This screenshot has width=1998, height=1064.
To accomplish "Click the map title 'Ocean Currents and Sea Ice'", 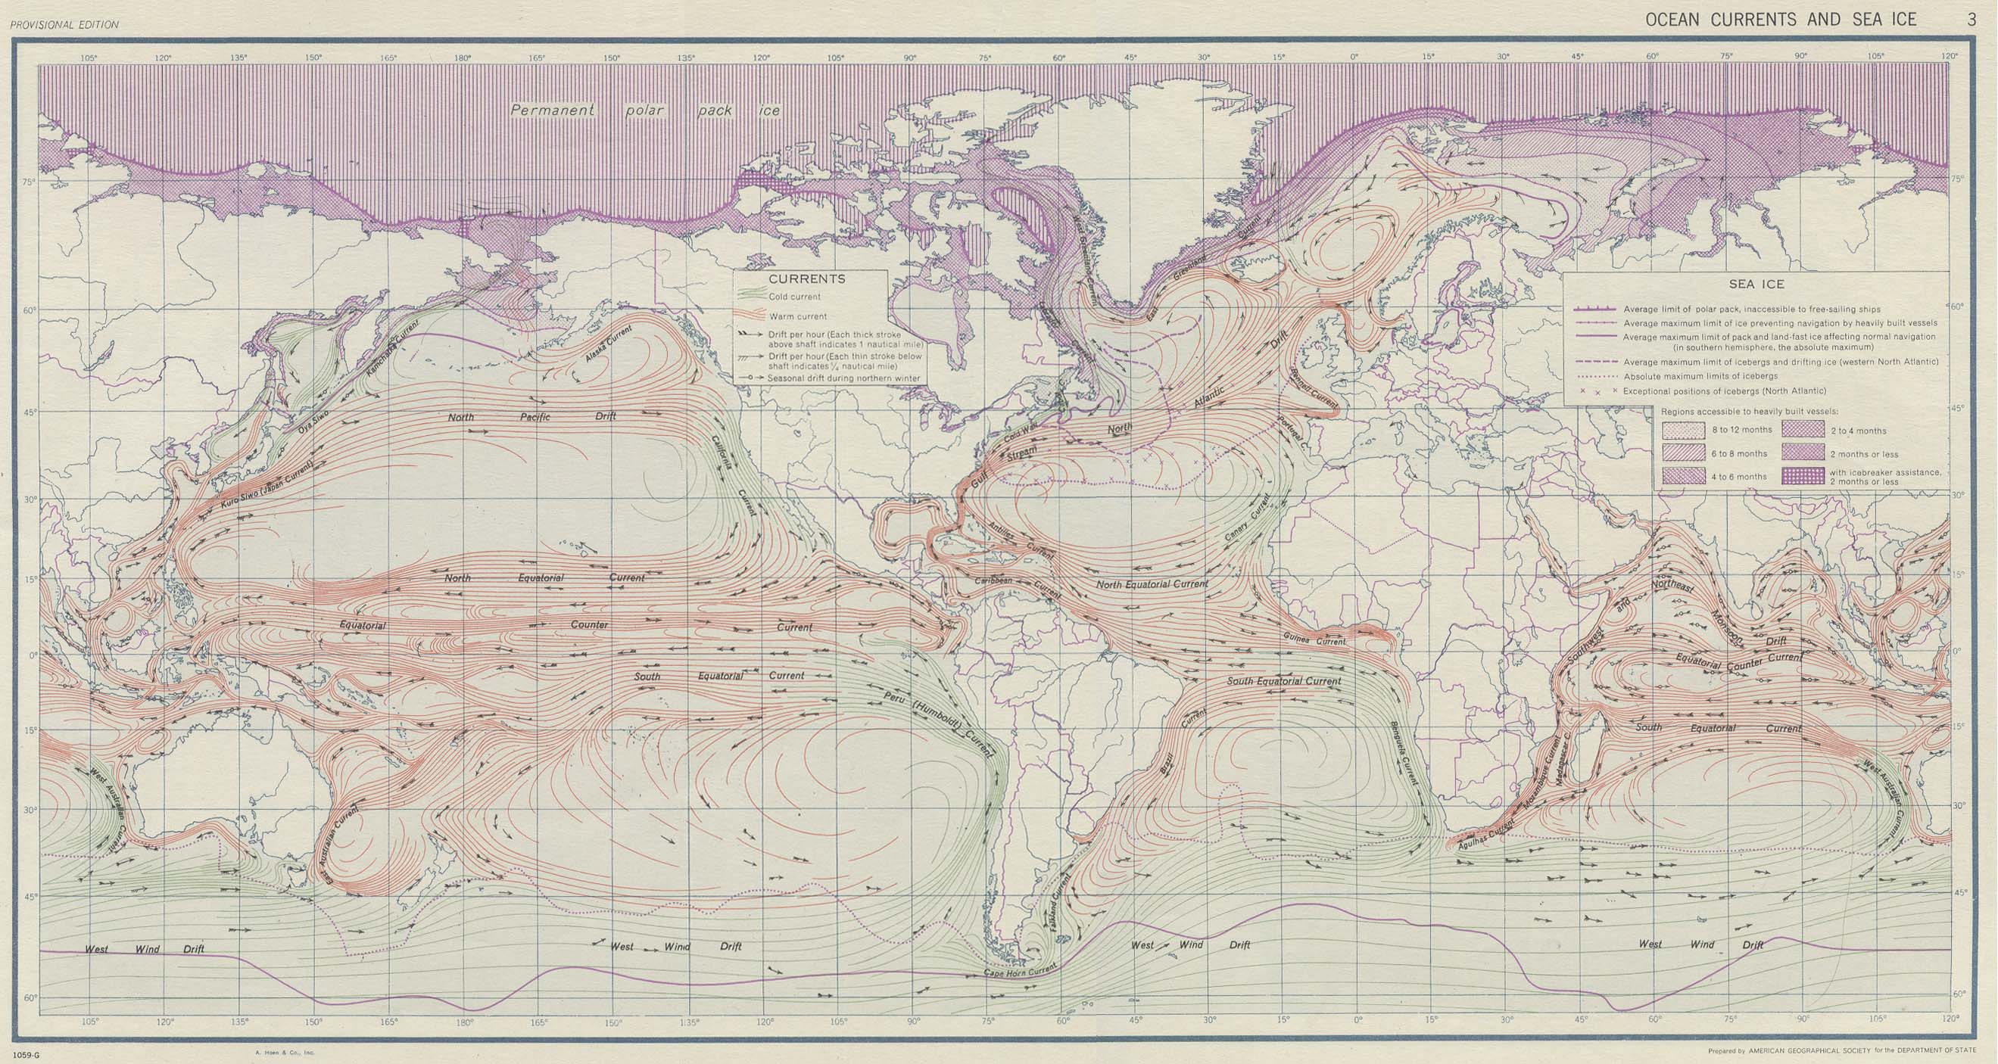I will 1781,20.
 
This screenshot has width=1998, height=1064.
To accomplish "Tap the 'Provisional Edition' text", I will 65,25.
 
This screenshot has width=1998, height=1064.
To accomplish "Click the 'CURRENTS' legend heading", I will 807,279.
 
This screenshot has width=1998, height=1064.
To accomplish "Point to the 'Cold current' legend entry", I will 794,296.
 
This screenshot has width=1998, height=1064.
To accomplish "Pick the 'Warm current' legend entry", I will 798,316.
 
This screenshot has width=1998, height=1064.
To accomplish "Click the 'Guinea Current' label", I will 1312,640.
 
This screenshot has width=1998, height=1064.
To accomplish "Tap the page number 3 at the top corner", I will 1971,20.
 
